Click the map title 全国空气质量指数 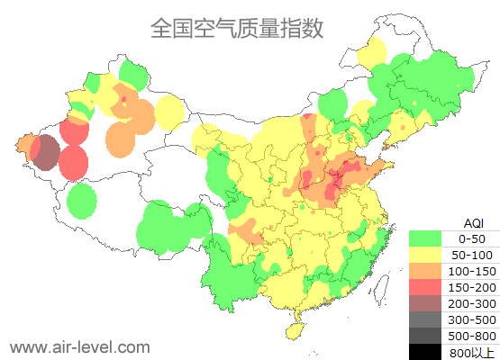coord(237,28)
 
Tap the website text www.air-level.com coord(79,346)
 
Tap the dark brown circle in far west coord(46,154)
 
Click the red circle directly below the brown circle coord(74,164)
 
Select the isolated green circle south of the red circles coord(82,201)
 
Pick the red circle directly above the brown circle coord(74,131)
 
